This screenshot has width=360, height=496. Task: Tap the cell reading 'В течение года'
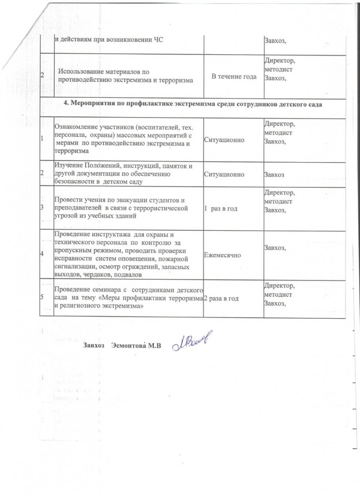pyautogui.click(x=234, y=76)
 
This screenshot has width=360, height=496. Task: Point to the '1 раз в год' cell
pyautogui.click(x=221, y=209)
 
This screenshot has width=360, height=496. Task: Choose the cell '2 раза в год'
pyautogui.click(x=221, y=299)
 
